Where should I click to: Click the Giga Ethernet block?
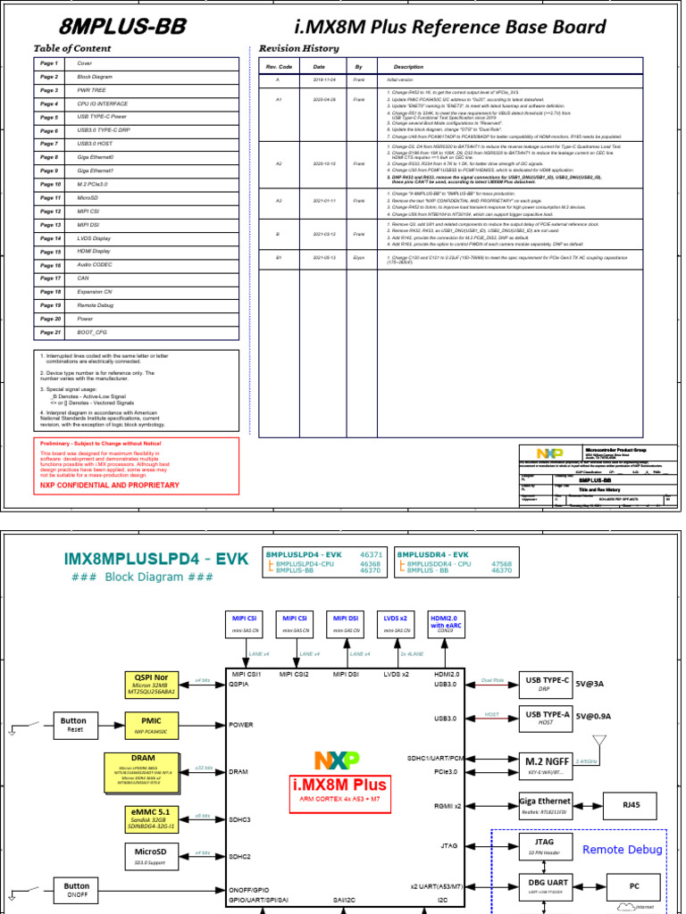[545, 804]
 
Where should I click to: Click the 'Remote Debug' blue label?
[622, 850]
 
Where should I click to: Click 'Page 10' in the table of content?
[49, 184]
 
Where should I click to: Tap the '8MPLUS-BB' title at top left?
[111, 27]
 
